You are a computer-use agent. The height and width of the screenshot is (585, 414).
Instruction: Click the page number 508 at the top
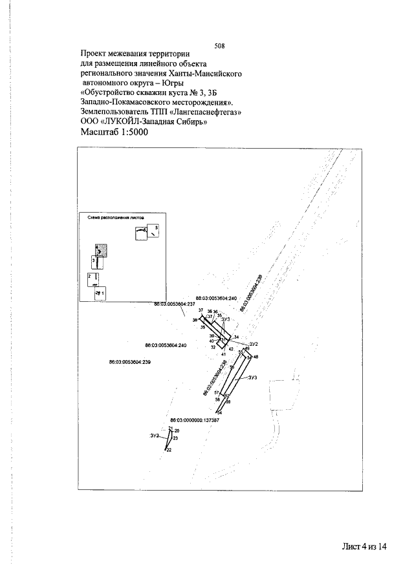click(x=218, y=45)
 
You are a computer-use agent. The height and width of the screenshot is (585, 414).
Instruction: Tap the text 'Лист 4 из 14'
click(x=364, y=546)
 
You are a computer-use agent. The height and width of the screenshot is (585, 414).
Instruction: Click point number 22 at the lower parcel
click(x=169, y=450)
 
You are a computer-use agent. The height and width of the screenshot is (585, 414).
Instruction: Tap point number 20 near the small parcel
click(x=177, y=431)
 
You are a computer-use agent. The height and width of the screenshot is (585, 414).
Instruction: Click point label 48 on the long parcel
click(x=256, y=357)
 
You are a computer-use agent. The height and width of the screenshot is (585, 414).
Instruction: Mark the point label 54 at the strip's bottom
click(x=220, y=412)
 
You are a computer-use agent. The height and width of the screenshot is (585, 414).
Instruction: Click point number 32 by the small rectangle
click(x=213, y=347)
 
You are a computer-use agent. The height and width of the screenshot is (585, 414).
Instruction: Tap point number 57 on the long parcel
click(x=217, y=393)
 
